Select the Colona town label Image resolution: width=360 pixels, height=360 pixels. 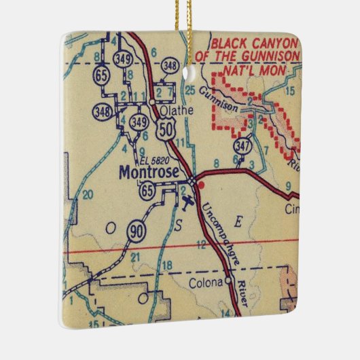tap(206, 281)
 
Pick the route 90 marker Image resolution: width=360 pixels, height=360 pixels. tap(134, 232)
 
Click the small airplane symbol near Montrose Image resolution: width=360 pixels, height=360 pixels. tap(187, 201)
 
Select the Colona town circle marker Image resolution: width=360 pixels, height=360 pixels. tap(229, 279)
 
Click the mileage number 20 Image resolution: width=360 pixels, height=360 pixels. tap(86, 195)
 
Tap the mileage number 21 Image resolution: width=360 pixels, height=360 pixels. tap(135, 257)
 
